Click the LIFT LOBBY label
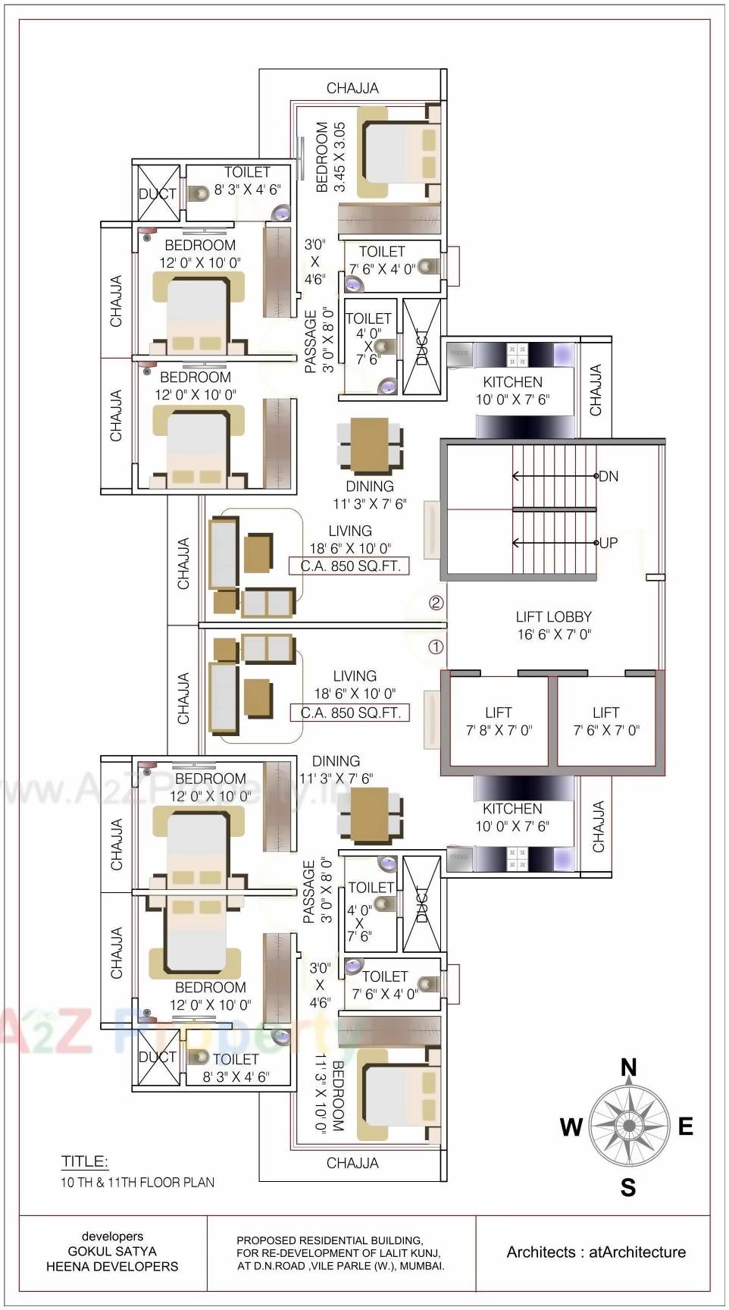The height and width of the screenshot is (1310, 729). [553, 625]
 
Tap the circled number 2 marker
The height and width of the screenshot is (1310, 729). [436, 603]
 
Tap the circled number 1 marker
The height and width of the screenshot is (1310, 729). [436, 647]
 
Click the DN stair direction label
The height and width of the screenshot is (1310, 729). [609, 477]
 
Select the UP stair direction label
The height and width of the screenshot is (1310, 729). [609, 543]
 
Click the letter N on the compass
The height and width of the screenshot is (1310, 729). [628, 1068]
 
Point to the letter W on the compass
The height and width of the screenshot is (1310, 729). [571, 1127]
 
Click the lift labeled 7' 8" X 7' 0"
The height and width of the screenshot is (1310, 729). [498, 721]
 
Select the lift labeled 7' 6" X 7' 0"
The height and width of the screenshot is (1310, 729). [605, 721]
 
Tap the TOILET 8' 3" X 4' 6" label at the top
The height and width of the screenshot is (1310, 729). [247, 181]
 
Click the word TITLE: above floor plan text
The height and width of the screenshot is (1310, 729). [84, 1161]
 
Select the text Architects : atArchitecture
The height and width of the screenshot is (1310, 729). [596, 1252]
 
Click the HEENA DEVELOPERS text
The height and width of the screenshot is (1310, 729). [112, 1266]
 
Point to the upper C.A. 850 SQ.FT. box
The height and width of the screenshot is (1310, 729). [350, 566]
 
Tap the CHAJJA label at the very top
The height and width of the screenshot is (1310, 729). [352, 89]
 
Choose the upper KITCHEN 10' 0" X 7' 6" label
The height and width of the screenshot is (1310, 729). [512, 390]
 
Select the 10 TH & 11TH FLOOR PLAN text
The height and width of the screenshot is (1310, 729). [137, 1182]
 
